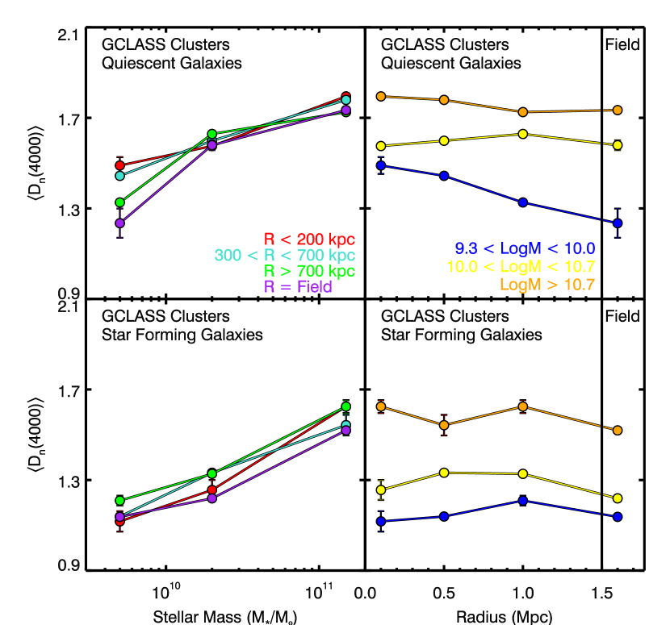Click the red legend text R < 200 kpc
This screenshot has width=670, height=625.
(x=309, y=240)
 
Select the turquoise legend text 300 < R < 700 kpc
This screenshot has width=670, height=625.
(x=284, y=256)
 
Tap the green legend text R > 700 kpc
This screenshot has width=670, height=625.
(x=309, y=271)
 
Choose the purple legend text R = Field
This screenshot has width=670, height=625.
(x=298, y=287)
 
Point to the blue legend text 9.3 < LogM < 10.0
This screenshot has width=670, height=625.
(x=525, y=248)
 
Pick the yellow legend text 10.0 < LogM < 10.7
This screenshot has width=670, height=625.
(x=521, y=267)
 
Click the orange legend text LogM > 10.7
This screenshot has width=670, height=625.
(x=546, y=285)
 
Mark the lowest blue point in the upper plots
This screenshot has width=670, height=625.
(x=618, y=223)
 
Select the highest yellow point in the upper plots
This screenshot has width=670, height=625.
(x=523, y=134)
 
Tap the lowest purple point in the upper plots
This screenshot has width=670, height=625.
(x=119, y=223)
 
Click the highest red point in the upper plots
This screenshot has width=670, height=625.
(x=345, y=97)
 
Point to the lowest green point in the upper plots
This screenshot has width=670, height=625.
(x=119, y=202)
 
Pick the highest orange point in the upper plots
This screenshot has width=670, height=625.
(x=380, y=96)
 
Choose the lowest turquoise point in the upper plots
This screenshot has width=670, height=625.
(x=119, y=175)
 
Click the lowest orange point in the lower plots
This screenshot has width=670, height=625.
(x=618, y=431)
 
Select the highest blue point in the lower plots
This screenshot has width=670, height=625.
(x=523, y=501)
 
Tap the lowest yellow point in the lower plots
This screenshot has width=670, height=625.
(x=618, y=498)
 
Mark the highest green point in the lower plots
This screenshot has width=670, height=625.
(x=345, y=406)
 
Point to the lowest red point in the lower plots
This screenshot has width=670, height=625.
(x=119, y=521)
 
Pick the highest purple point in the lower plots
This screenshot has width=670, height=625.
(x=345, y=430)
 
